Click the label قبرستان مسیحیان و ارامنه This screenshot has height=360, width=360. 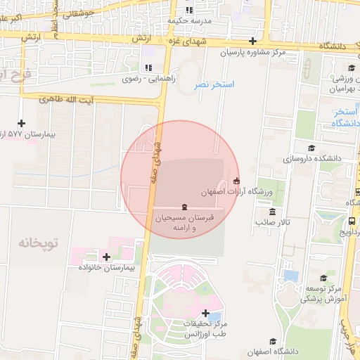click(184, 224)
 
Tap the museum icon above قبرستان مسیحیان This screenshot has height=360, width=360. click(184, 207)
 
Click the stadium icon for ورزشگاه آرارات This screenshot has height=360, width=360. click(236, 181)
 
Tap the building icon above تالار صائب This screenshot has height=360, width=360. click(272, 212)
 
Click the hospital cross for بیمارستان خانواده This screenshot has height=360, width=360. click(106, 257)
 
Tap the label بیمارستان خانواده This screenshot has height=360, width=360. click(107, 268)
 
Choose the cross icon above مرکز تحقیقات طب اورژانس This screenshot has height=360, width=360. click(205, 313)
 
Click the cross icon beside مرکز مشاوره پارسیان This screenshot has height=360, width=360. click(253, 41)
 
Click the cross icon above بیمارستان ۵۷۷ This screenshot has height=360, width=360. click(21, 123)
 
